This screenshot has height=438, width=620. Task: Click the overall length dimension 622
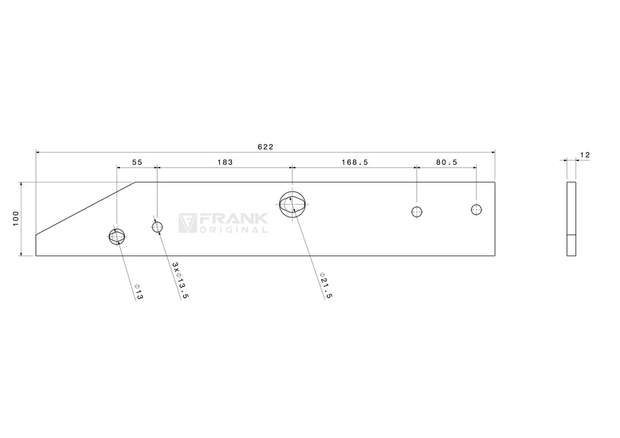point(265,147)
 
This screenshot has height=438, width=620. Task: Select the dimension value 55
point(137,162)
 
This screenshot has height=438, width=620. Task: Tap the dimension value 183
point(224,162)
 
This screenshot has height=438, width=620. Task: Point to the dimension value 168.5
point(354,162)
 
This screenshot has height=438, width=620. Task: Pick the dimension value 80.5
point(446,162)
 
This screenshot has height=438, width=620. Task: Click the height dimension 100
point(16,219)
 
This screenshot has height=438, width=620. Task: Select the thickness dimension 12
point(584,155)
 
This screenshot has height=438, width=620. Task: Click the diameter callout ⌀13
point(138,291)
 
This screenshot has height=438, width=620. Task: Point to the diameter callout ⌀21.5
point(326,286)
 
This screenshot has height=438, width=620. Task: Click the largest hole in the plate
point(292,204)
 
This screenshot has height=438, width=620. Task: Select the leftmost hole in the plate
point(116,236)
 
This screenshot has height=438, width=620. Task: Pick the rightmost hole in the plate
point(476,209)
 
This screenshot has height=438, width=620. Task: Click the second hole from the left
point(157,227)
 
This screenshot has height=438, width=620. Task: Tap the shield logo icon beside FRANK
point(188,223)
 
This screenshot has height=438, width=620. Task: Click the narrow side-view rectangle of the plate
point(571,219)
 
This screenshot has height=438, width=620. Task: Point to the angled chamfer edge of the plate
point(85,208)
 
